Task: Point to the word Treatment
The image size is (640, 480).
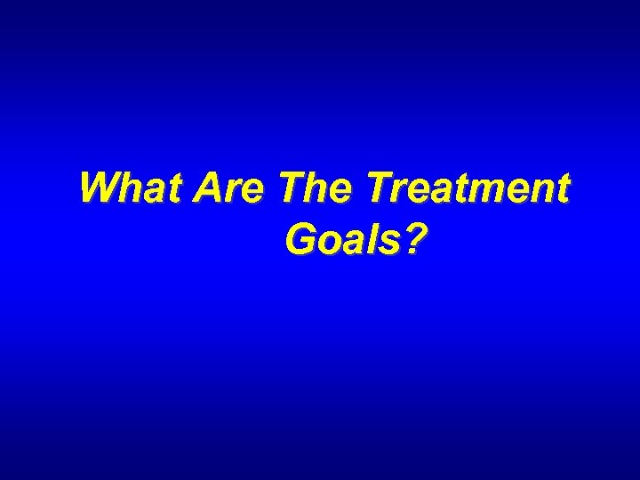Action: (466, 188)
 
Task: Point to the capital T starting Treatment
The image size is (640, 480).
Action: (378, 188)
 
